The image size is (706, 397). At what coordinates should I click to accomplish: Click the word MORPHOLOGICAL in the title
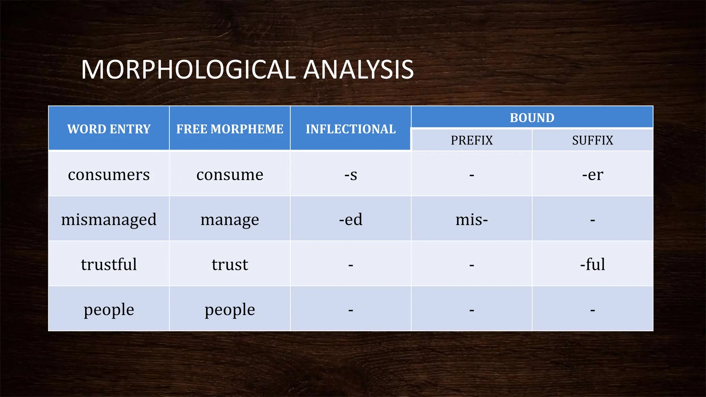(188, 70)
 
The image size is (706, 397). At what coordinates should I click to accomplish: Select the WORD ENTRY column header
(109, 129)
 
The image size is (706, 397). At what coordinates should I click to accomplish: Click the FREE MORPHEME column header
(230, 129)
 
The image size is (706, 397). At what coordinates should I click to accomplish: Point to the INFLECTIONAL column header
(351, 129)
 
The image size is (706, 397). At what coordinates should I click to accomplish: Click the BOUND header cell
(532, 118)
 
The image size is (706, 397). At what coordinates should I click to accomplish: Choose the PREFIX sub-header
(472, 140)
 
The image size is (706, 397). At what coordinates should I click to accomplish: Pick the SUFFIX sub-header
(593, 140)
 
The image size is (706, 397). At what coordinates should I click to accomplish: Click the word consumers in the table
(109, 174)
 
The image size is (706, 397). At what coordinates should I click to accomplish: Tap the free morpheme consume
(230, 174)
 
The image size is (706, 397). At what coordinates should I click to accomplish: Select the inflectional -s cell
(351, 175)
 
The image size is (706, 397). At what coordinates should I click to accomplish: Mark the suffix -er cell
(593, 175)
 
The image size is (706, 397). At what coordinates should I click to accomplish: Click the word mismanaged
(109, 220)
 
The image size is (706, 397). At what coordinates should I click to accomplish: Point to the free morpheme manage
(230, 220)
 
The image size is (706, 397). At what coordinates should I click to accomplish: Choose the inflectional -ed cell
(351, 220)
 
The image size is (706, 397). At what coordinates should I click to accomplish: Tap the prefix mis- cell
(472, 220)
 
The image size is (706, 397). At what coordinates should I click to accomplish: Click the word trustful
(109, 264)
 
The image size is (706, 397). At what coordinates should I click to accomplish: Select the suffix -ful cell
(593, 264)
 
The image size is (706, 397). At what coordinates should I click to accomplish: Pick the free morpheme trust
(230, 264)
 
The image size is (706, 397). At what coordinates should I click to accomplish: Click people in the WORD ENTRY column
(109, 309)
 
